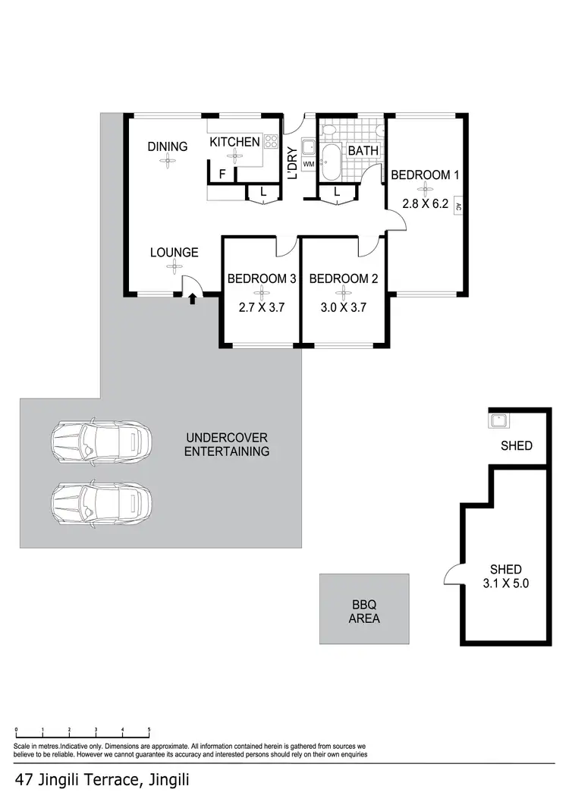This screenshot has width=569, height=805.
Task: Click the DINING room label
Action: pyautogui.click(x=167, y=146)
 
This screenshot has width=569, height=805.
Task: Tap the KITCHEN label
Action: pyautogui.click(x=234, y=142)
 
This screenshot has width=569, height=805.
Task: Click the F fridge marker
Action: pyautogui.click(x=222, y=175)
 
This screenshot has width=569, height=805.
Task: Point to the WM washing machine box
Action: pyautogui.click(x=308, y=164)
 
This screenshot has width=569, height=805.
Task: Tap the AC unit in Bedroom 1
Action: pyautogui.click(x=458, y=206)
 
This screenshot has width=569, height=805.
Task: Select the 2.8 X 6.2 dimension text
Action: pyautogui.click(x=425, y=204)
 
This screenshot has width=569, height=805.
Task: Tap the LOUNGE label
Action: pyautogui.click(x=174, y=253)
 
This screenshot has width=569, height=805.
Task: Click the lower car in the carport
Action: pyautogui.click(x=101, y=503)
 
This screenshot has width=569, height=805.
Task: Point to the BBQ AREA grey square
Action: pyautogui.click(x=364, y=611)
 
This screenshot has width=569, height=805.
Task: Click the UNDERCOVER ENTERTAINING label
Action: pyautogui.click(x=228, y=445)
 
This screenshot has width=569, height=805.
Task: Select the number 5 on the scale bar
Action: pyautogui.click(x=149, y=730)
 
